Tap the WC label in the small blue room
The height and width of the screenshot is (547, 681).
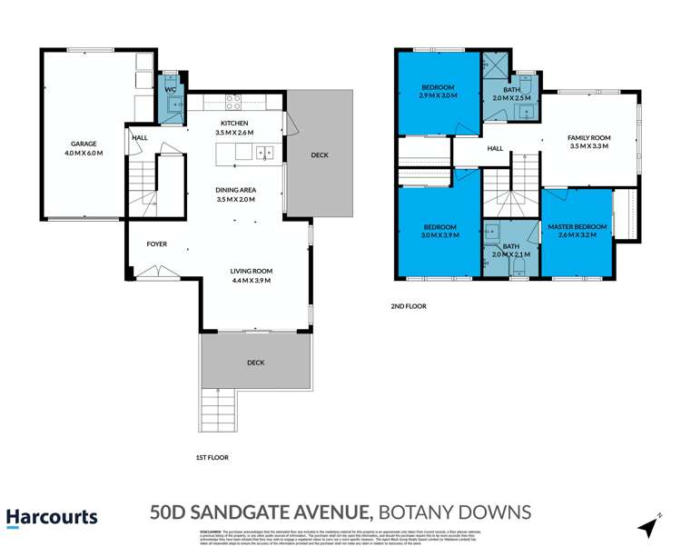click(x=170, y=89)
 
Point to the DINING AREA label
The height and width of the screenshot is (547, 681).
click(x=236, y=189)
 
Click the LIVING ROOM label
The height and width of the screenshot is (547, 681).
click(x=251, y=271)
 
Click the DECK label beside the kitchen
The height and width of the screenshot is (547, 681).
click(x=319, y=154)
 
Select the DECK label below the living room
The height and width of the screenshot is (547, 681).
click(x=255, y=363)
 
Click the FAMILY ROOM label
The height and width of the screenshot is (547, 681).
click(x=589, y=138)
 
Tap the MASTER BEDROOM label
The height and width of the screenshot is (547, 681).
click(x=577, y=225)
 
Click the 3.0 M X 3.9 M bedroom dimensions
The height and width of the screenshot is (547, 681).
click(x=439, y=235)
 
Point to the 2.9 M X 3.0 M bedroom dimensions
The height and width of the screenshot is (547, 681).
click(x=437, y=94)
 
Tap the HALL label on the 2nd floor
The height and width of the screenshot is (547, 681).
click(x=495, y=148)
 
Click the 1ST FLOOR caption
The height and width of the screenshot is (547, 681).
click(x=212, y=458)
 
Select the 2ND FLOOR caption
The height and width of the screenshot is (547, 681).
click(x=410, y=306)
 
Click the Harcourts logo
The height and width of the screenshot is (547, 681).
click(x=52, y=518)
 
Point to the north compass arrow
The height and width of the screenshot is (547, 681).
click(x=648, y=524)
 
